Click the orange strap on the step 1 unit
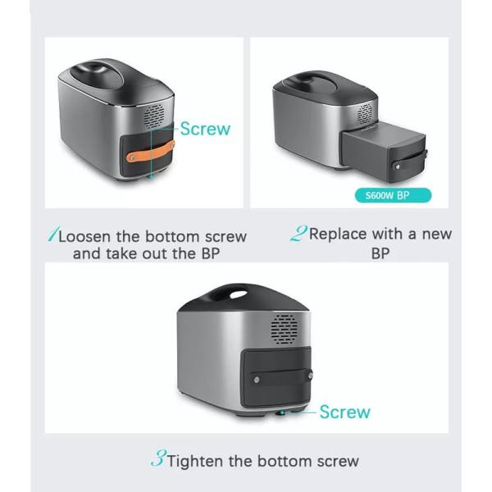click(151, 152)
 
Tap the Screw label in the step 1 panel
click(205, 129)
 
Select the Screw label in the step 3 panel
click(345, 412)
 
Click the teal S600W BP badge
click(393, 195)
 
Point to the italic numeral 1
click(52, 234)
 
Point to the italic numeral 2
click(298, 233)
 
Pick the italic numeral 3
click(158, 458)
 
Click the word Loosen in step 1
click(84, 237)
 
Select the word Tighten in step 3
click(195, 461)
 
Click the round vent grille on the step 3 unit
click(285, 329)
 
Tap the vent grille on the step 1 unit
click(154, 116)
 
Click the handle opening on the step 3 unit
click(239, 294)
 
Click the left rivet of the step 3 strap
click(257, 380)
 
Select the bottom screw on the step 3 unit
click(282, 413)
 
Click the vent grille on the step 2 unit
click(365, 113)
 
